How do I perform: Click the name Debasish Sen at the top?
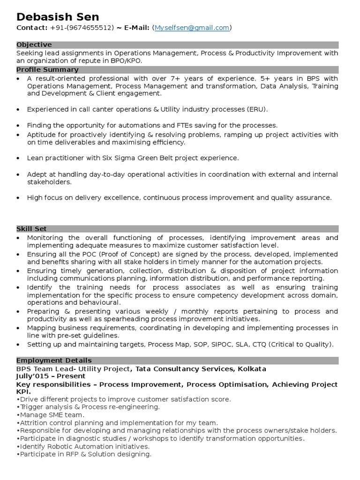[x=58, y=17]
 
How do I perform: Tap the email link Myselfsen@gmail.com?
[x=192, y=28]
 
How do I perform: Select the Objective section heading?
[x=34, y=45]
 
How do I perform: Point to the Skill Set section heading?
[x=32, y=229]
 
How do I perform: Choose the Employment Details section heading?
[x=54, y=360]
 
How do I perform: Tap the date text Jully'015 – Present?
[x=51, y=376]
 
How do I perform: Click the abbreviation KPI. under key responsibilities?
[x=24, y=391]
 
